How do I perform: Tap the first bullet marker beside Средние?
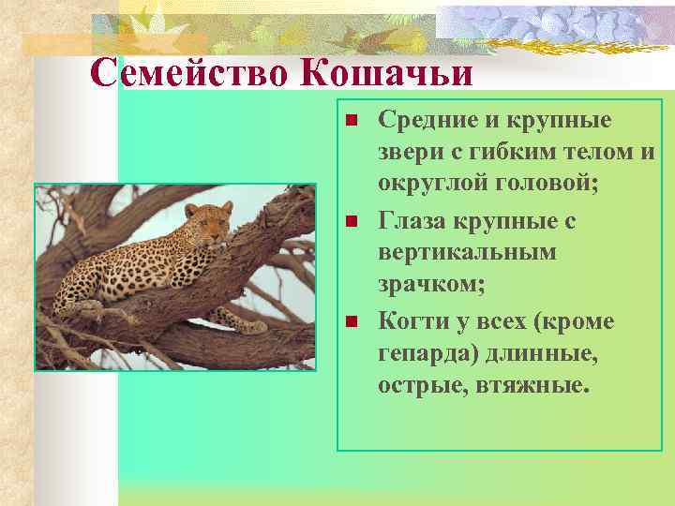coord(351,121)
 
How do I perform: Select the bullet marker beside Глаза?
coord(351,222)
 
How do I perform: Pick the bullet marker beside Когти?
coord(351,322)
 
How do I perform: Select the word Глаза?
coord(412,221)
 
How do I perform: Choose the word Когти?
coord(411,321)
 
